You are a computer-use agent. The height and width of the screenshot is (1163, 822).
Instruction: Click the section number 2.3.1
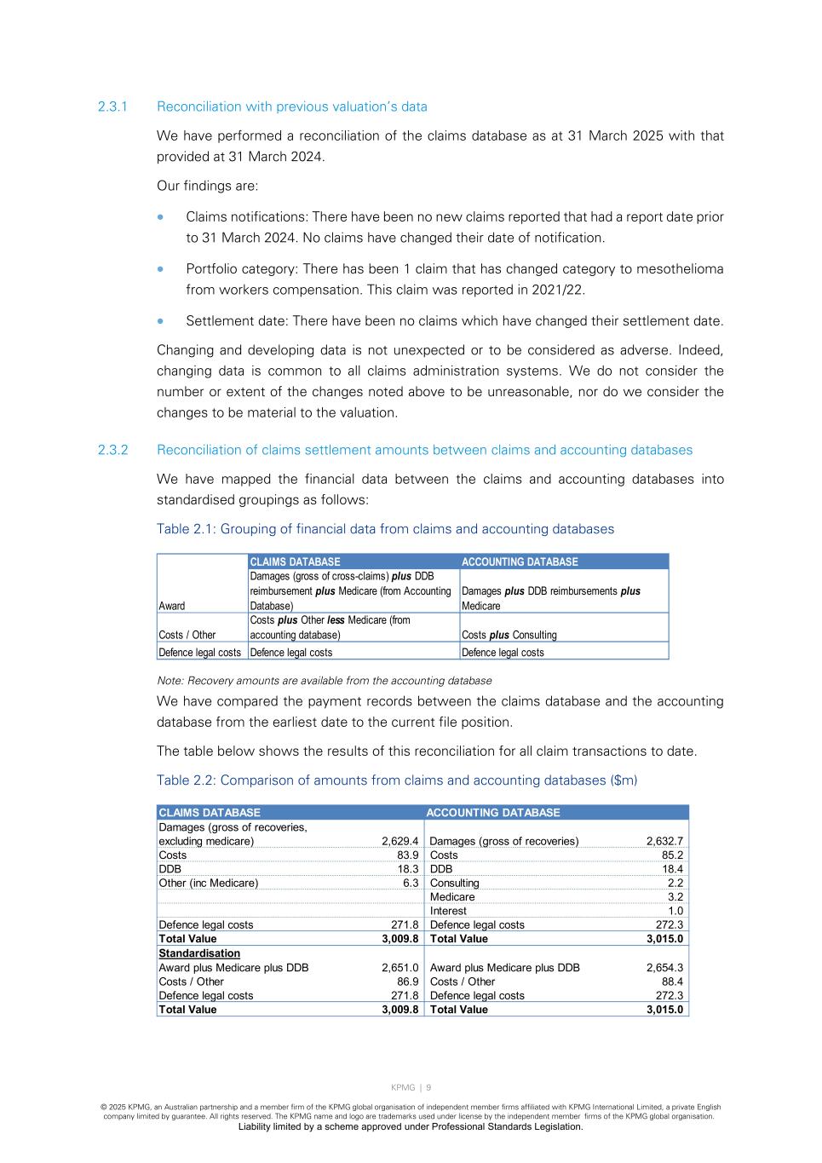point(112,107)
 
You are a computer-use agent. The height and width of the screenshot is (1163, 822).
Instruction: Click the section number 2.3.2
point(112,450)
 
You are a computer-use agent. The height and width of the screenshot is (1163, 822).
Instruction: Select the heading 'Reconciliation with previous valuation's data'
point(291,107)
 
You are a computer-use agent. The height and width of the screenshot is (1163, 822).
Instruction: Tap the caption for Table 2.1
point(385,529)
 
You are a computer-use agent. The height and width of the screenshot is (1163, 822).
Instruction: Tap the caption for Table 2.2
point(396,780)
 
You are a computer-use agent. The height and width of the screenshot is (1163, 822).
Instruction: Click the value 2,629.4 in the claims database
point(400,841)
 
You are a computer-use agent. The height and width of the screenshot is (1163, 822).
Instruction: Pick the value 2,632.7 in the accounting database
point(664,841)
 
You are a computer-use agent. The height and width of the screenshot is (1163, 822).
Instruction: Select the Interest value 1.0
point(675,911)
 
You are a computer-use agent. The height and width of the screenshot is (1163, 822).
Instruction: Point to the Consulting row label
point(454,884)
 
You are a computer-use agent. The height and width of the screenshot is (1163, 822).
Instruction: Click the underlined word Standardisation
point(199,953)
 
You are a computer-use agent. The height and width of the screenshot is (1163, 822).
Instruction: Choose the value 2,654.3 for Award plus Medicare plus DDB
point(664,968)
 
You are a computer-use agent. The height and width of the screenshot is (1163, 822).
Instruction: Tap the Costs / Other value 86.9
point(408,982)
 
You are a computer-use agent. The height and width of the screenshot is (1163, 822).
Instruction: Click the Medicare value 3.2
point(675,897)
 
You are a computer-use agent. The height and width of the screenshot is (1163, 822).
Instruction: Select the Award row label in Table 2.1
point(172,606)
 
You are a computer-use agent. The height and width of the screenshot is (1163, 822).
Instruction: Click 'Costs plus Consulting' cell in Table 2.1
point(509,635)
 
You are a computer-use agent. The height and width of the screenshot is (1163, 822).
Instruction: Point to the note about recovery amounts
point(325,681)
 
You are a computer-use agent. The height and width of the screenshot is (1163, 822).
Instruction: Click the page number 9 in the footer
point(428,1087)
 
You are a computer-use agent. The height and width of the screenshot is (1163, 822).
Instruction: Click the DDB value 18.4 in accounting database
point(673,869)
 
